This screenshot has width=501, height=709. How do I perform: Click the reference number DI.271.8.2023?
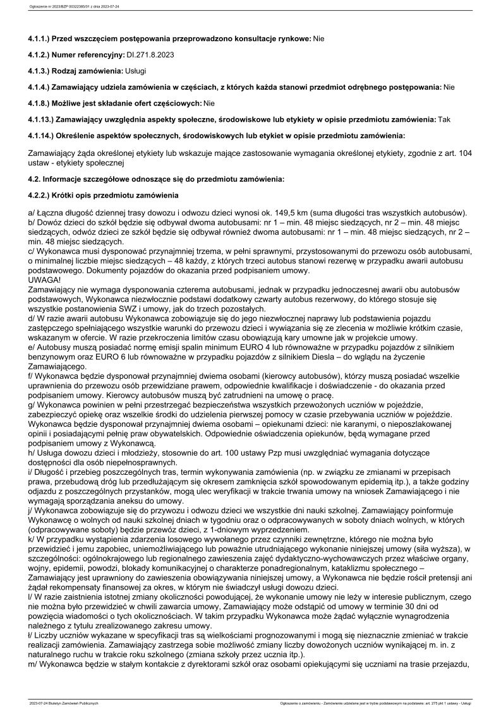click(x=151, y=55)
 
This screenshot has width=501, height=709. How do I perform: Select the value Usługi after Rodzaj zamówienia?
click(x=136, y=71)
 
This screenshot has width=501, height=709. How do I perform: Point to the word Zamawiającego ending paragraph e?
click(x=61, y=366)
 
